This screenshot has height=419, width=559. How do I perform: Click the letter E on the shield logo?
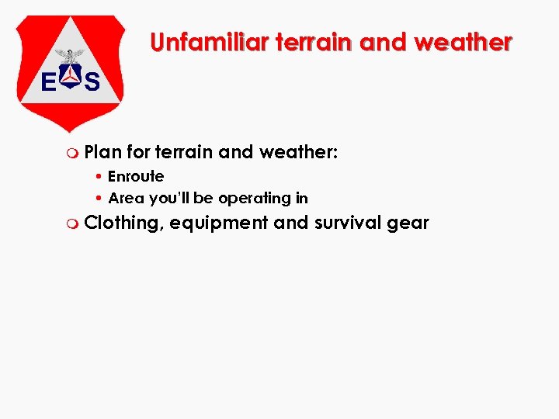[x=48, y=81]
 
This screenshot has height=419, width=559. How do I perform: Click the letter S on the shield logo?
[x=92, y=81]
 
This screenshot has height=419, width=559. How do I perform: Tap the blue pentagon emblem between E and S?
[x=70, y=78]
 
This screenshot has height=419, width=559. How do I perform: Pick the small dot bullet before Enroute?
[x=101, y=177]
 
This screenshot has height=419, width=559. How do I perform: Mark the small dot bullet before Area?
[x=101, y=199]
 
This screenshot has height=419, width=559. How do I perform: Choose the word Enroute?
[x=136, y=176]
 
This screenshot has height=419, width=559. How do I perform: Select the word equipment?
[x=219, y=223]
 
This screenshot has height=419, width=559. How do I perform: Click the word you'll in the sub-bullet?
[x=170, y=199]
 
